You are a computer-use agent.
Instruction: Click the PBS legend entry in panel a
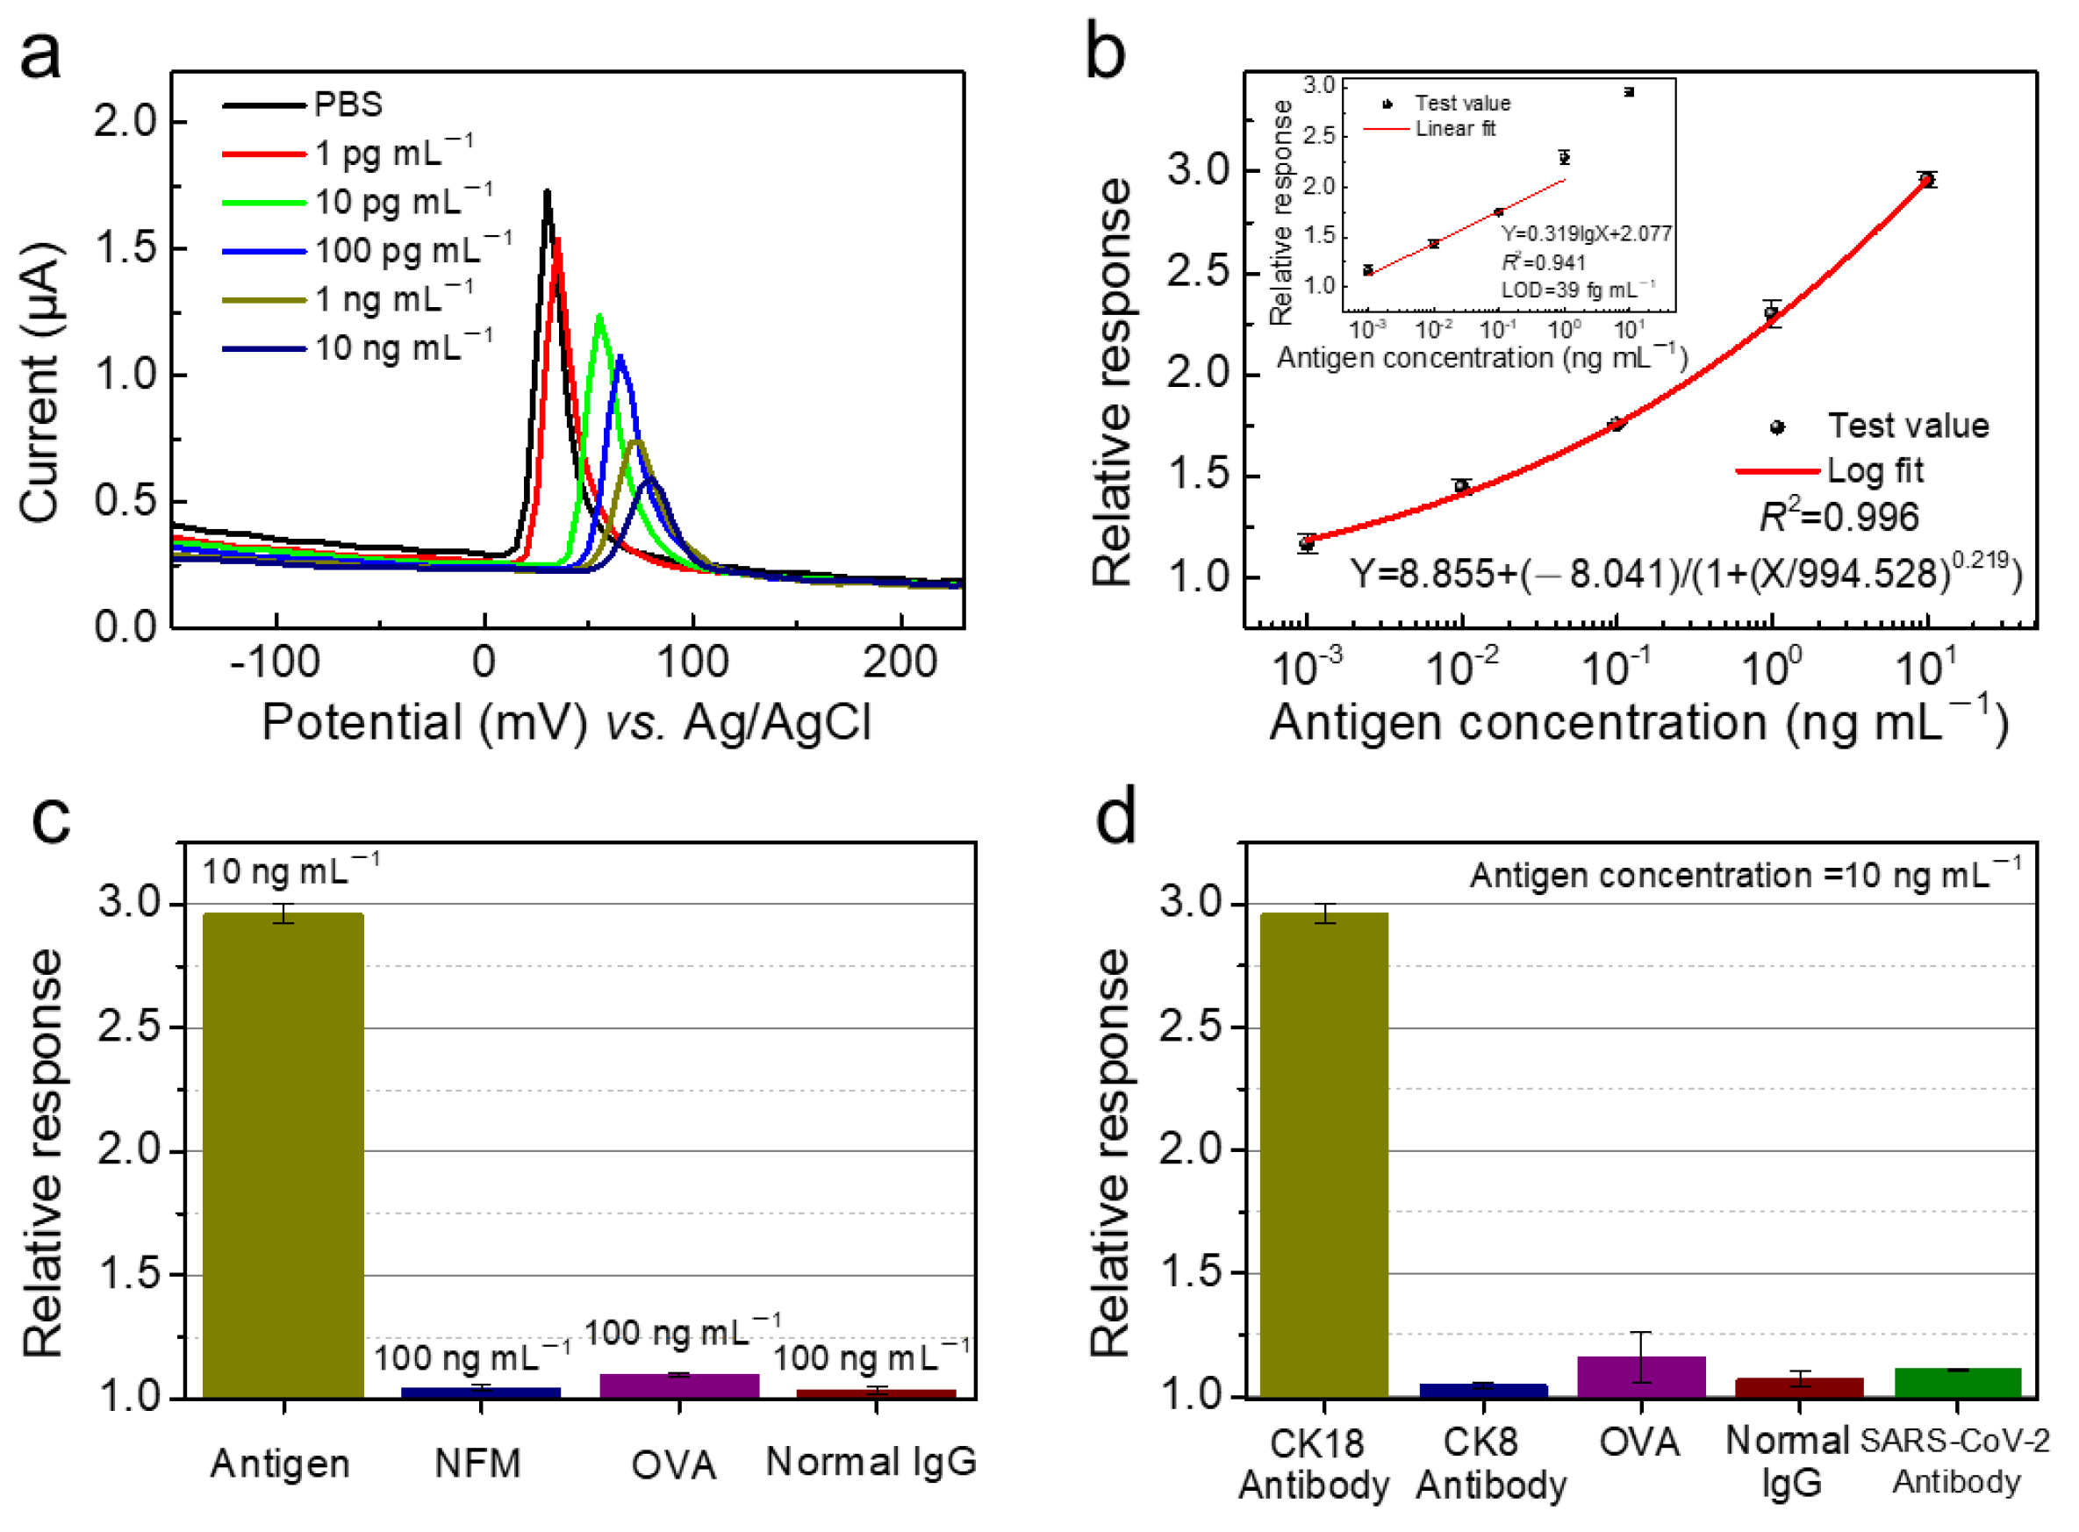pyautogui.click(x=348, y=104)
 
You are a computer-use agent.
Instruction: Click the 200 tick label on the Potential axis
pyautogui.click(x=900, y=662)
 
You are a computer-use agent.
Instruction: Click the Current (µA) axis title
pyautogui.click(x=39, y=382)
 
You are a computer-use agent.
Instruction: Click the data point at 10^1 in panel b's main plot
pyautogui.click(x=1927, y=180)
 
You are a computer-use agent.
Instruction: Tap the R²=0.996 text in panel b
pyautogui.click(x=1839, y=517)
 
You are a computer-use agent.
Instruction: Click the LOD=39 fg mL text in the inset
pyautogui.click(x=1576, y=290)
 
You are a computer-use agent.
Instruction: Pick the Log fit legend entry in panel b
pyautogui.click(x=1873, y=471)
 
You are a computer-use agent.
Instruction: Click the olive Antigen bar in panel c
pyautogui.click(x=283, y=1155)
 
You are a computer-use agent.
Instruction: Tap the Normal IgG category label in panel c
pyautogui.click(x=871, y=1463)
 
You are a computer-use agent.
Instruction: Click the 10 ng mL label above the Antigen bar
pyautogui.click(x=290, y=871)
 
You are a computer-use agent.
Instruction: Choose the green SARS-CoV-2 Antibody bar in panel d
pyautogui.click(x=1957, y=1382)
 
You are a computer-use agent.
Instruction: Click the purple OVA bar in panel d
pyautogui.click(x=1640, y=1377)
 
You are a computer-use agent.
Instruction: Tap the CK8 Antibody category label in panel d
pyautogui.click(x=1490, y=1464)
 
